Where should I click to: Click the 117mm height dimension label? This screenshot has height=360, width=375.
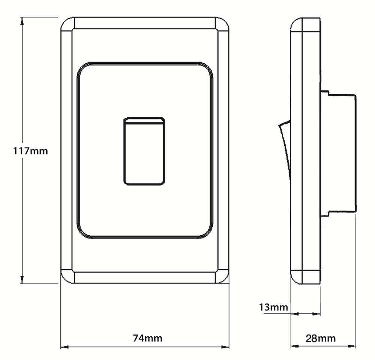click(30, 151)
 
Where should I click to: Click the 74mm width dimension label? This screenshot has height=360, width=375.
click(148, 338)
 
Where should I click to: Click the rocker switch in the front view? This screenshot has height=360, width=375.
click(144, 151)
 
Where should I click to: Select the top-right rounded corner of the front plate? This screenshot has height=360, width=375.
click(222, 24)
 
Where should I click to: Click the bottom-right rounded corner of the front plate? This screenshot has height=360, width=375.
click(222, 276)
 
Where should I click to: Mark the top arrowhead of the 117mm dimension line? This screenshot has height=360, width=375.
click(22, 21)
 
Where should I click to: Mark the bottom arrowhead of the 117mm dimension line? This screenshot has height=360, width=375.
click(22, 280)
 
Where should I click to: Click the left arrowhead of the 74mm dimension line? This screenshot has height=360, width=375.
click(64, 347)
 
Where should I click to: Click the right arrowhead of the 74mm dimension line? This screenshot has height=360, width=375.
click(226, 347)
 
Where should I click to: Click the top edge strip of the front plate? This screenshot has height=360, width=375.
click(144, 23)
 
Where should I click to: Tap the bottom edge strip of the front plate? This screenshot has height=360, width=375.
click(144, 277)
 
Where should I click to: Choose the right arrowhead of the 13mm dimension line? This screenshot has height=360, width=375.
click(317, 313)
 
